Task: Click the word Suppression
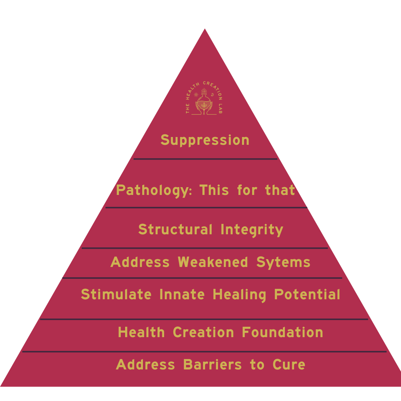coord(205,140)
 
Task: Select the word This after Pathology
coord(214,190)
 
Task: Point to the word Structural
coord(175,229)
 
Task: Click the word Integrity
coord(252,230)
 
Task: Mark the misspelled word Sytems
coord(283,263)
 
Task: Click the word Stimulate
coord(116,295)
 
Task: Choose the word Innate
coord(182,295)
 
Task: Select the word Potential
coord(307,295)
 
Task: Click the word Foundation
coord(282,332)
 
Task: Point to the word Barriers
coord(212,365)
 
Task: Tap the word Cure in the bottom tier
coord(289,365)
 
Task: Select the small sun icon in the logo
coord(196,95)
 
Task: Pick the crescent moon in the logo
coord(212,95)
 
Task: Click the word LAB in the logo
coord(220,109)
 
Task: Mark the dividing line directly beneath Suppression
coord(205,159)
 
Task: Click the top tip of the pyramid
coord(205,29)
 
